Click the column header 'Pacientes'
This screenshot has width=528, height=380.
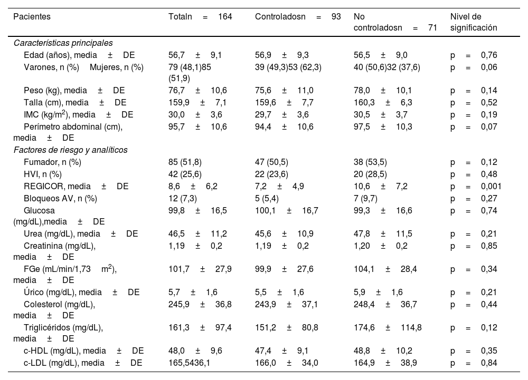point(32,16)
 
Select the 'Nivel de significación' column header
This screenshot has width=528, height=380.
point(474,22)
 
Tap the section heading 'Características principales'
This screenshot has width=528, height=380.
point(63,43)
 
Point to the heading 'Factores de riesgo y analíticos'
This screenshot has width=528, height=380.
point(70,150)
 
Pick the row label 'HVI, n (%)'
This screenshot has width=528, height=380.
point(43,174)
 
